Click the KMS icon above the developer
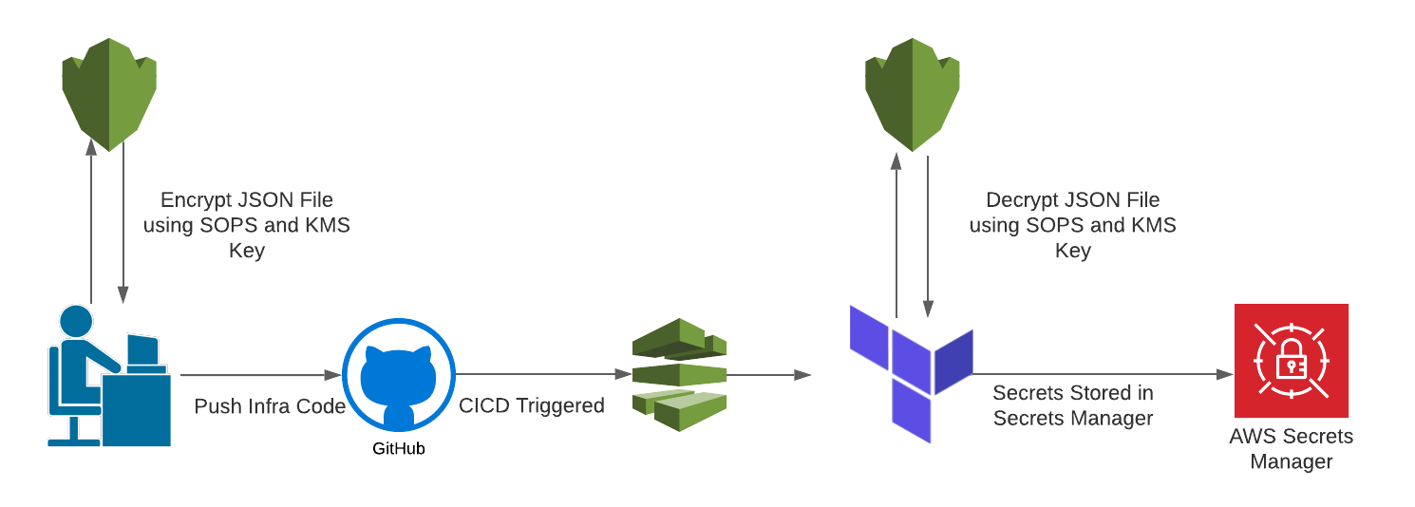pos(109,93)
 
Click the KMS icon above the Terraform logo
pos(912,93)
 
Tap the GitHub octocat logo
pos(398,375)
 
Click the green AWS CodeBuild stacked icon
pos(679,374)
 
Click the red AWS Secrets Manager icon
pos(1291,361)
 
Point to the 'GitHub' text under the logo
pos(398,449)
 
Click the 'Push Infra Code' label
pos(270,406)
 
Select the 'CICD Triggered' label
pos(531,405)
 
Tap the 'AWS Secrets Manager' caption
pos(1291,449)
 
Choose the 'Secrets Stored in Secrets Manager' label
pos(1072,405)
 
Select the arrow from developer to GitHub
pos(260,375)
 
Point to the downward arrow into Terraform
pos(927,237)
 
